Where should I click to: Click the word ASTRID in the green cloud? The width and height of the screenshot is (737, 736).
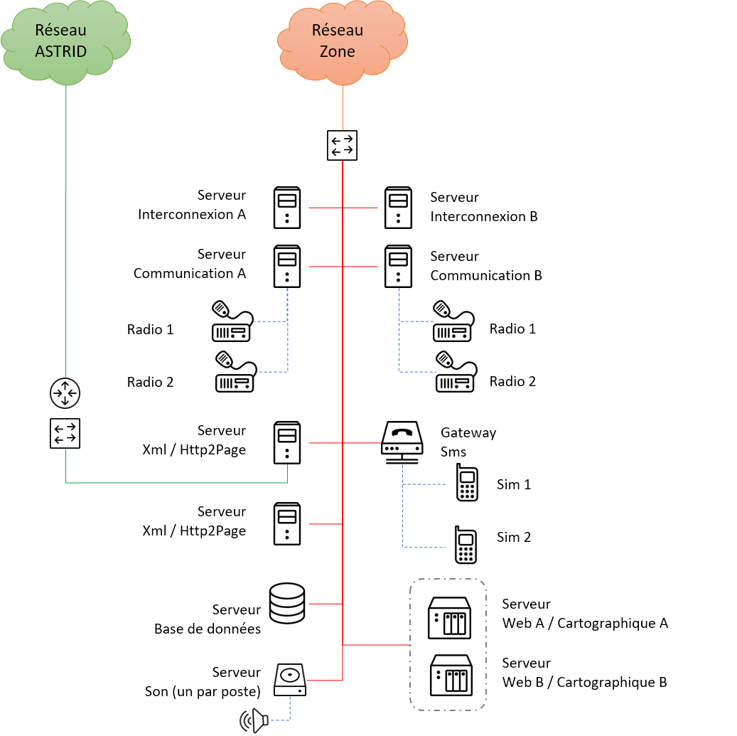tap(60, 51)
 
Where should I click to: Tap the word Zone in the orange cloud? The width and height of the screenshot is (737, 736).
tap(338, 51)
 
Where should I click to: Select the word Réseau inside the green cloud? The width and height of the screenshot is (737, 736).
tap(60, 31)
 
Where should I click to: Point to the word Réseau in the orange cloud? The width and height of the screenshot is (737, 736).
tap(338, 31)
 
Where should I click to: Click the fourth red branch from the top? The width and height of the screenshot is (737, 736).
tap(326, 524)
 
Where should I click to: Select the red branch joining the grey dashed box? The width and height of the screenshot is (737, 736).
tap(377, 645)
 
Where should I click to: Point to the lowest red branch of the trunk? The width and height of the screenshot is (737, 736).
tap(325, 681)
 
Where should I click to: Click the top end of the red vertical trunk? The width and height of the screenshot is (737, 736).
tap(343, 162)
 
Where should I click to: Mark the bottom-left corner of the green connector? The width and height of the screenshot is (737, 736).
tap(66, 482)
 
